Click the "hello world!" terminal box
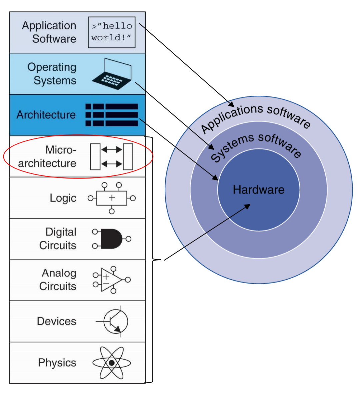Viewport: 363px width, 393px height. pos(112,32)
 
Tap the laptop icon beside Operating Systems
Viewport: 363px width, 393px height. pos(112,74)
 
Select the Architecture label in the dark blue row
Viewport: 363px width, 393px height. pos(46,115)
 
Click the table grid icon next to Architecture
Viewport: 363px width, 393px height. pos(112,115)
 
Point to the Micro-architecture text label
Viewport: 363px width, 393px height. pos(47,156)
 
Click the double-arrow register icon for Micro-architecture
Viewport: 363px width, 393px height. pos(112,156)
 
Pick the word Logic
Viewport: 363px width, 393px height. pos(63,198)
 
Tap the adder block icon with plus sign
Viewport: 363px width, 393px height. pos(112,198)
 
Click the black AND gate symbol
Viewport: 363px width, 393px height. pos(111,239)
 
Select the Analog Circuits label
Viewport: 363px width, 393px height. pos(58,280)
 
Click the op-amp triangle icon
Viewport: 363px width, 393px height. pos(111,280)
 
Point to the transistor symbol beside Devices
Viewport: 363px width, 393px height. pos(115,321)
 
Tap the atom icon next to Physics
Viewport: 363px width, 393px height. pos(112,363)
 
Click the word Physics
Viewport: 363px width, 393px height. pos(57,363)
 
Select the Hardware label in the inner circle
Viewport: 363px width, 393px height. pos(259,190)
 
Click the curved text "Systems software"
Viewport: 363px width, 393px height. pos(256,146)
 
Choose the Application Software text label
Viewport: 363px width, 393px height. pos(49,32)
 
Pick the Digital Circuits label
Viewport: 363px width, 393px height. pos(58,239)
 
